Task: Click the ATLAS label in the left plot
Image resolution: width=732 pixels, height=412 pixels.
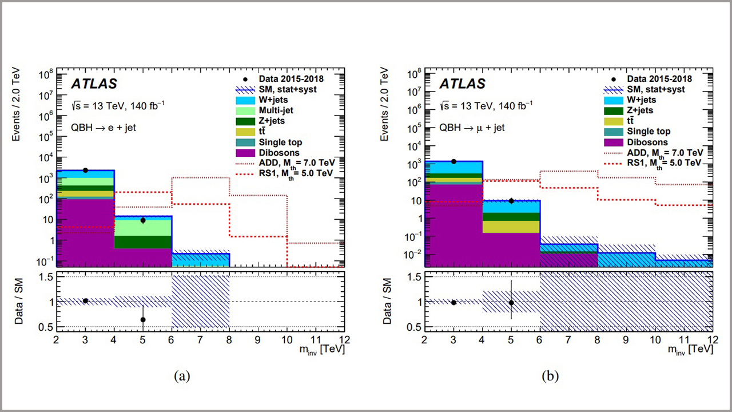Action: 94,84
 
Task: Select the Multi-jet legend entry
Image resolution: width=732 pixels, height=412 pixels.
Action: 269,110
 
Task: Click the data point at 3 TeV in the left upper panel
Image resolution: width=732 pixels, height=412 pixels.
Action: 85,170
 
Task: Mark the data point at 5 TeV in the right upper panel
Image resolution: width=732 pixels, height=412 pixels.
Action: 511,201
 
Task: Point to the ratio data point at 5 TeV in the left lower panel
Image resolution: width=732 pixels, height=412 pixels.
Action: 143,319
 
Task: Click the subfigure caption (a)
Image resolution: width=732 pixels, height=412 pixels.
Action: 181,375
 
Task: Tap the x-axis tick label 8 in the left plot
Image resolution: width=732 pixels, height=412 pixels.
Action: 229,339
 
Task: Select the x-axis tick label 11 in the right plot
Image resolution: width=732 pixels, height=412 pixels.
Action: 684,339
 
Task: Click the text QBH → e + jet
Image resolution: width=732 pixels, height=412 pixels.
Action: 104,128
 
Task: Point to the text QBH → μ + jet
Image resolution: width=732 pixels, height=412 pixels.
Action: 472,128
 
